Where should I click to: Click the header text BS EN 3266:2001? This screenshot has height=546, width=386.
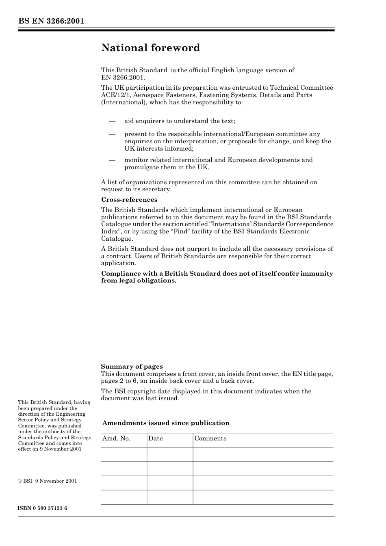point(51,21)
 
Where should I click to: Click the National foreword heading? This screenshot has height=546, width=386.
point(150,48)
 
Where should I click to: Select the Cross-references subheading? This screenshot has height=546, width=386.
point(129,200)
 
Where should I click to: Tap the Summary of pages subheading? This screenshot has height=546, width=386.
point(132,367)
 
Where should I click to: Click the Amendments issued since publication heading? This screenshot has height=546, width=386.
point(166,423)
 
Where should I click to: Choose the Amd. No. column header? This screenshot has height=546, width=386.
point(116,438)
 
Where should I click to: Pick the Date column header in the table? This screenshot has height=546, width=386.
point(155,438)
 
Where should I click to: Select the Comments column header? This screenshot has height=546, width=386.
point(210,438)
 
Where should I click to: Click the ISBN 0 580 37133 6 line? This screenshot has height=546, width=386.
point(43,508)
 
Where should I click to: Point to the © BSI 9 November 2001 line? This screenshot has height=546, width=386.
point(48,481)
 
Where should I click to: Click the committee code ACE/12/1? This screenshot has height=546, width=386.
point(115,95)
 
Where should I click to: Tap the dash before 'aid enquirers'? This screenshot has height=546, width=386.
point(112,121)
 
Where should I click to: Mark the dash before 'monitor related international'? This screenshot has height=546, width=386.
point(112,160)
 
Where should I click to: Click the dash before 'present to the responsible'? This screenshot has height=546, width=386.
point(112,134)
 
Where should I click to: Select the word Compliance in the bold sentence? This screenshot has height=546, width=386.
point(120,274)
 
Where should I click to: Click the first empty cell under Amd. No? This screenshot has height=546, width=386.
point(124,454)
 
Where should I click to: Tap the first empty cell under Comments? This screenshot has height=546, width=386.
point(262,454)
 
